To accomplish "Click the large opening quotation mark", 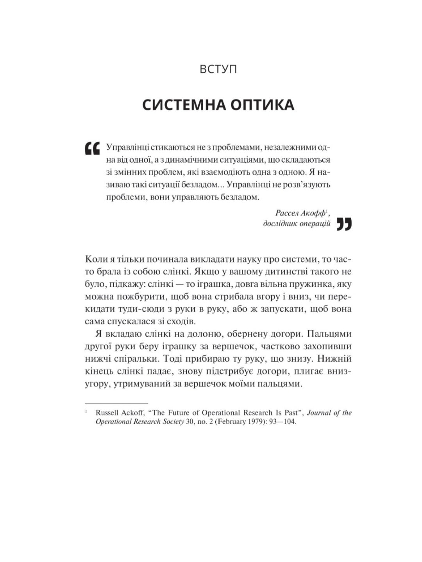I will (x=92, y=148).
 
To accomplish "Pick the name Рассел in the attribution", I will (x=289, y=213).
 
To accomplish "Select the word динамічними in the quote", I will (x=206, y=160).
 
